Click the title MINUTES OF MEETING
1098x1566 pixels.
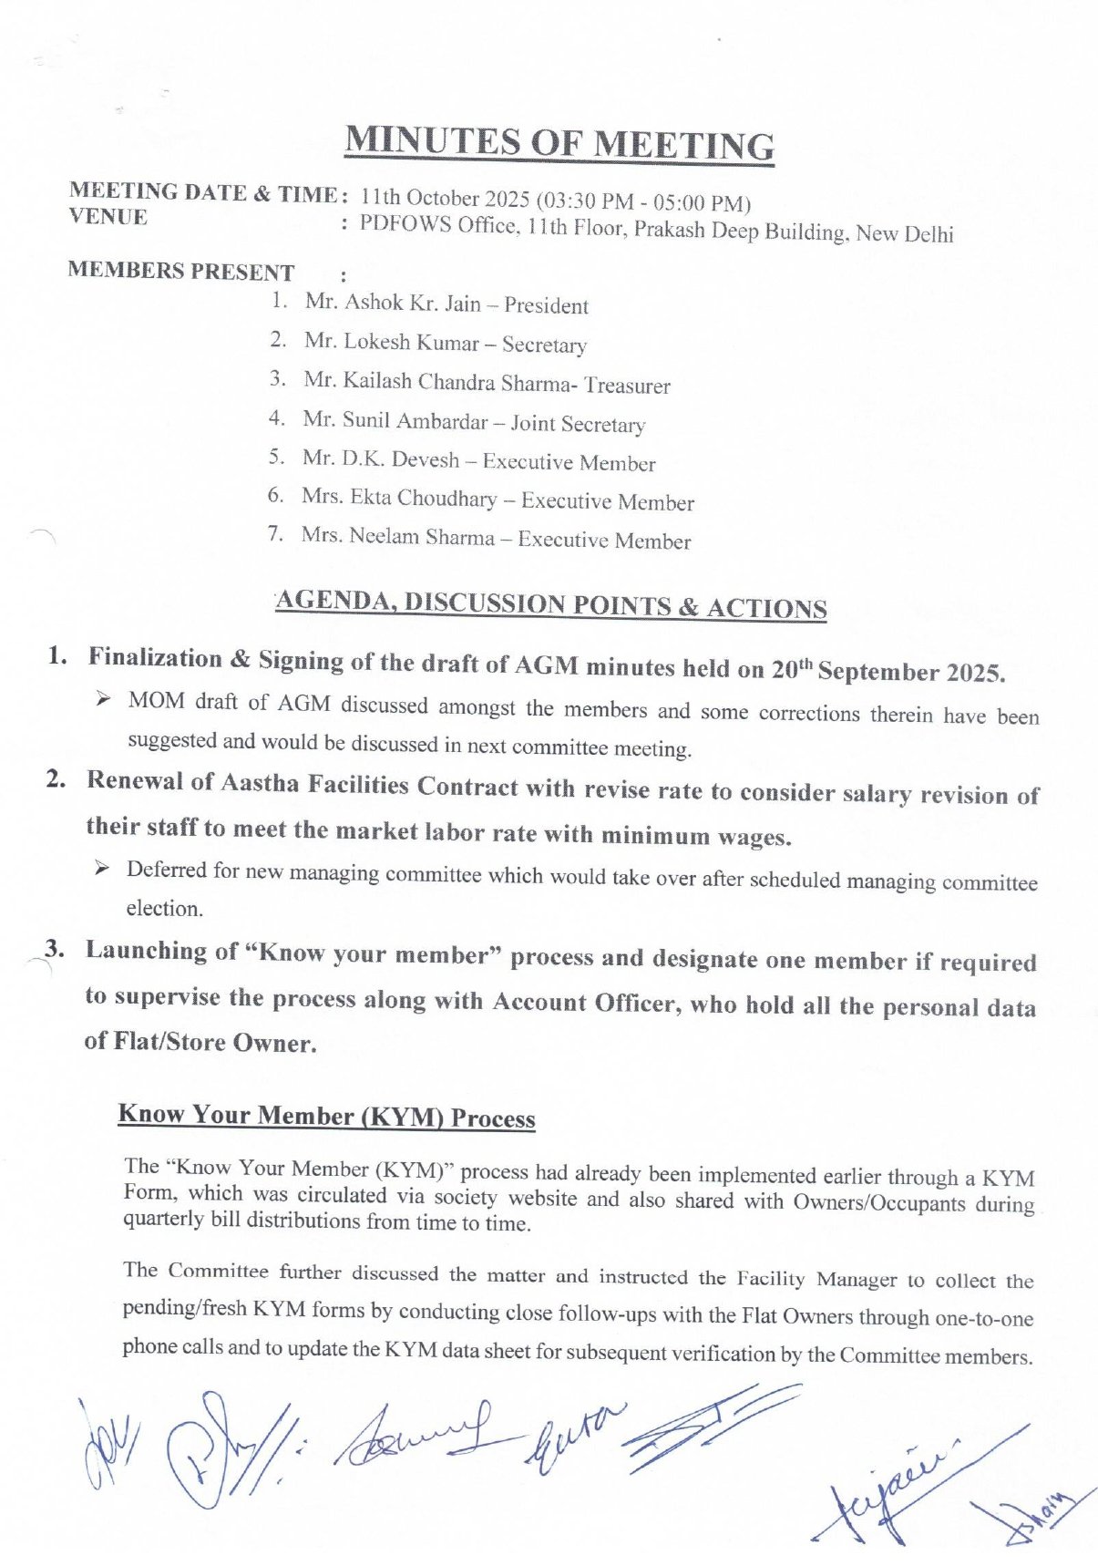(x=559, y=144)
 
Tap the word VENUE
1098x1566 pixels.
(x=108, y=217)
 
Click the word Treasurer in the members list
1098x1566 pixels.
(x=627, y=386)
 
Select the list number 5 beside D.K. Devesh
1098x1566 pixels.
(x=277, y=457)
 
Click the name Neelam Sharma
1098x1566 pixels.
(x=422, y=537)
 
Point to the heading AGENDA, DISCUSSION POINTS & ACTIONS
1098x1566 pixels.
(x=551, y=604)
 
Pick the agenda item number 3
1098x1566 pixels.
(x=56, y=948)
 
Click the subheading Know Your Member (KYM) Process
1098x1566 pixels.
(x=326, y=1117)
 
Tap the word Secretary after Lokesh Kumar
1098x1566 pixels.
(x=544, y=345)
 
